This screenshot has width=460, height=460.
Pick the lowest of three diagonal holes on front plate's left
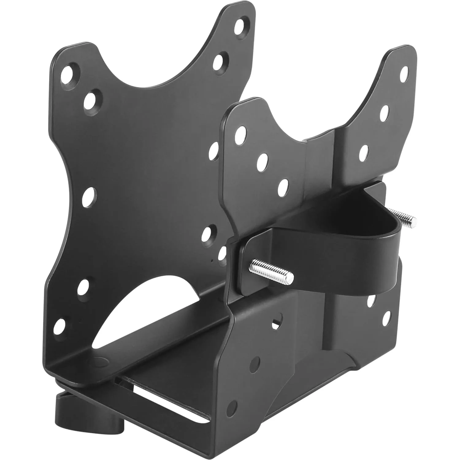pyautogui.click(x=283, y=186)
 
